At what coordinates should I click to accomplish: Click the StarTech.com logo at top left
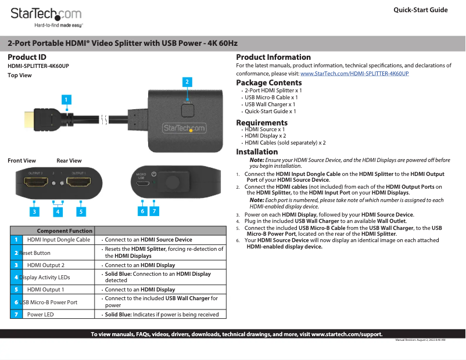[46, 16]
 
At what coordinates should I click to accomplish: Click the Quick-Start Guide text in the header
[420, 10]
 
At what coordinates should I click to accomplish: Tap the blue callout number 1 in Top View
[67, 100]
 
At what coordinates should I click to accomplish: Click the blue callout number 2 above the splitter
[187, 82]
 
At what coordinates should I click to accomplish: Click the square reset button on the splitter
[187, 109]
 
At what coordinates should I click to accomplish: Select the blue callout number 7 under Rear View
[154, 211]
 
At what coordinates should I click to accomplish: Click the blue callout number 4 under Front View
[58, 211]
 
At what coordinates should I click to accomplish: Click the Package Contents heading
[268, 83]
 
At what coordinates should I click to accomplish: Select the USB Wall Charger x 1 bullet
[270, 105]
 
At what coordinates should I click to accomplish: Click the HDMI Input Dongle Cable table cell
[58, 240]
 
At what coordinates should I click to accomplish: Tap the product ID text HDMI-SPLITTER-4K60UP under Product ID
[38, 66]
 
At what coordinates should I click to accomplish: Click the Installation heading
[257, 152]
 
